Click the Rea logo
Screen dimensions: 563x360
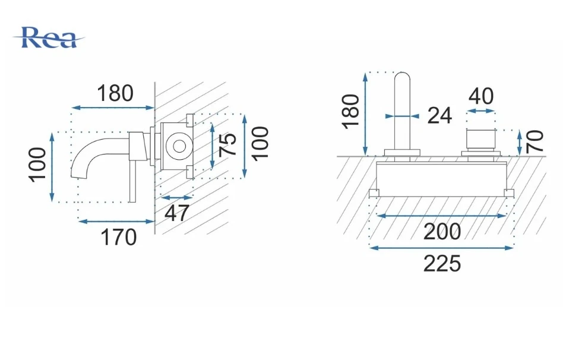[x=49, y=37]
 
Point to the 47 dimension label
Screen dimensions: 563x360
[x=176, y=213]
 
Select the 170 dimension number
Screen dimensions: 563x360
[x=119, y=237]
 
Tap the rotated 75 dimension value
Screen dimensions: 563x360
[x=227, y=145]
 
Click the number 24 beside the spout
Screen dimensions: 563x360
[x=439, y=116]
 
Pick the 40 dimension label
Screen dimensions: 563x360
[x=481, y=96]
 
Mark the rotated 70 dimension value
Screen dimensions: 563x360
[x=534, y=141]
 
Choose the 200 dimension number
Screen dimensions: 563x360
[x=442, y=232]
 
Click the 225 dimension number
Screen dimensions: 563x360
[x=442, y=264]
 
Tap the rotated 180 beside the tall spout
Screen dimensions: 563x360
[x=350, y=111]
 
